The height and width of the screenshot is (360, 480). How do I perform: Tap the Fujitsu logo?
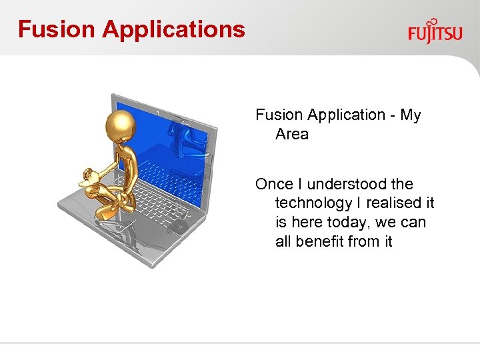pos(435,33)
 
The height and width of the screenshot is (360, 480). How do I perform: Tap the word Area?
pos(292,134)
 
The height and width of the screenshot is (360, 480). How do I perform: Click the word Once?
pos(274,184)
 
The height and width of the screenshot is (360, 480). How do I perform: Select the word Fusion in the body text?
pos(277,115)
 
